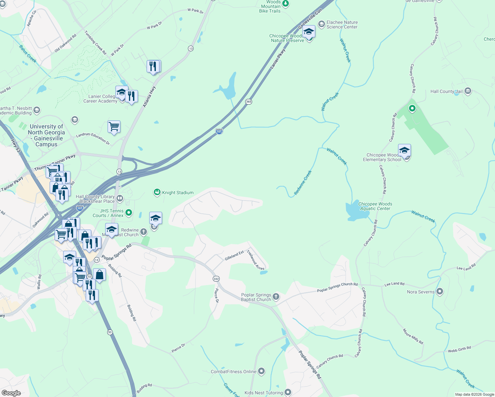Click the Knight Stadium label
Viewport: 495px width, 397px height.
click(x=178, y=193)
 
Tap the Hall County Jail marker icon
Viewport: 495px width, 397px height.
click(x=468, y=91)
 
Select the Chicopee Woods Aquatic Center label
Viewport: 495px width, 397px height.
click(x=375, y=206)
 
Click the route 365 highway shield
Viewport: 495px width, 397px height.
click(x=249, y=102)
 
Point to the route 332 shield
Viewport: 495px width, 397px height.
click(x=216, y=279)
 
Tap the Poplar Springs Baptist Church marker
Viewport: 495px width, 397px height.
click(x=276, y=296)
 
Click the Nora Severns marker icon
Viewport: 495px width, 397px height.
click(x=439, y=291)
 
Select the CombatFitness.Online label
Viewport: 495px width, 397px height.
click(x=234, y=372)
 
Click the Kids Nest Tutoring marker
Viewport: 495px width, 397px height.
click(x=288, y=392)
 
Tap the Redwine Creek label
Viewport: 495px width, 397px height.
click(x=303, y=182)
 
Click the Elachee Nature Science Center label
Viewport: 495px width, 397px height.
click(x=342, y=24)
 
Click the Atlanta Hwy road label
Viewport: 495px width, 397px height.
click(x=149, y=97)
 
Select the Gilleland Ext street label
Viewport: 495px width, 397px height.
click(x=234, y=255)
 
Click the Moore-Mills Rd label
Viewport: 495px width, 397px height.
click(x=413, y=336)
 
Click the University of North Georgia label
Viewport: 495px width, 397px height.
click(x=46, y=135)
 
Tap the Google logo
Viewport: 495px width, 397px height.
click(x=11, y=393)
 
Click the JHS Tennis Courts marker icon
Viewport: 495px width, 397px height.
click(x=129, y=212)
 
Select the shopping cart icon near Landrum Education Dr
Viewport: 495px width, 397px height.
click(x=114, y=127)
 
